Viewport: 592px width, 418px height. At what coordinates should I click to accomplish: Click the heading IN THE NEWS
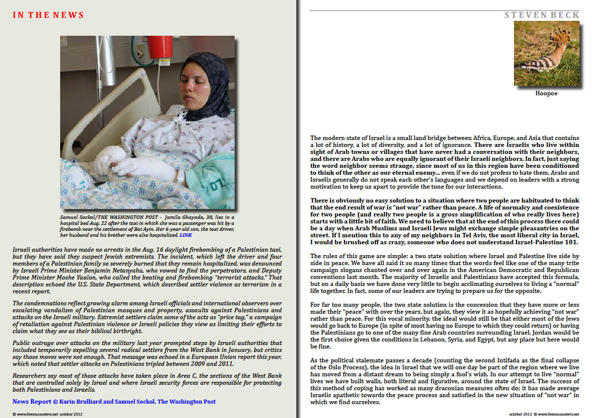pyautogui.click(x=48, y=15)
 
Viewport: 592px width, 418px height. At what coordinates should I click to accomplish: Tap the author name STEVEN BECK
pyautogui.click(x=542, y=15)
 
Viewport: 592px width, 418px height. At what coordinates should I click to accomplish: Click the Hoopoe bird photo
pyautogui.click(x=546, y=53)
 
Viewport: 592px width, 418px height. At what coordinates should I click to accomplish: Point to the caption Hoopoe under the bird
pyautogui.click(x=546, y=93)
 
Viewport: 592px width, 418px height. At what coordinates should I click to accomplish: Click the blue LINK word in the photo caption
pyautogui.click(x=186, y=235)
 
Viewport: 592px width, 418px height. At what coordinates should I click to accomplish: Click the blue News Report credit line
pyautogui.click(x=114, y=401)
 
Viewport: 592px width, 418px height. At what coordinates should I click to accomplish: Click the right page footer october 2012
pyautogui.click(x=521, y=414)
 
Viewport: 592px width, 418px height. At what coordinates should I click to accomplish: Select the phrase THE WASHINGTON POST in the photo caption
pyautogui.click(x=124, y=218)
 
